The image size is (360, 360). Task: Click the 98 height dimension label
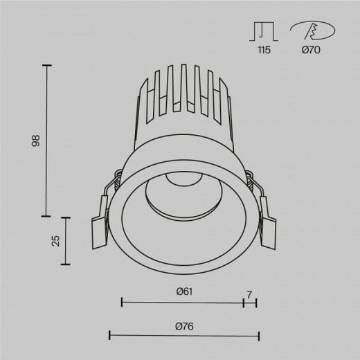pos(36,141)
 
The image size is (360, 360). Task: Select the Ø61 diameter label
pos(183,291)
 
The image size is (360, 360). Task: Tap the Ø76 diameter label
pos(183,326)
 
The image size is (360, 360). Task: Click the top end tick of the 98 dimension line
pos(48,65)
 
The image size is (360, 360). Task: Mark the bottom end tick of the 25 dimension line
pos(67,264)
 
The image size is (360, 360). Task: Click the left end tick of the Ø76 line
pos(110,336)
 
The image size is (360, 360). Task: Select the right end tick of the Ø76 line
pos(258,336)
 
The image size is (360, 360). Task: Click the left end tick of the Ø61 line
pos(122,302)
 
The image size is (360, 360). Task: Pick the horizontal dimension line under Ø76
pos(184,336)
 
